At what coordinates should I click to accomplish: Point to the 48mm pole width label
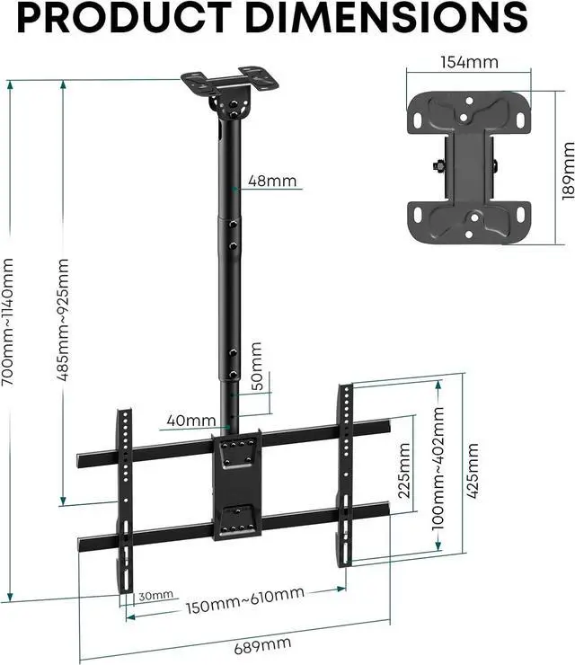click(272, 182)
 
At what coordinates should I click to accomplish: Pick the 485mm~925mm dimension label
click(62, 321)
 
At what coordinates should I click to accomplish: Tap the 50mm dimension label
click(256, 363)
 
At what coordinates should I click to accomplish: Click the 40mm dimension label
click(190, 420)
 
